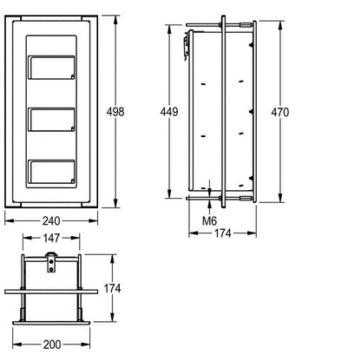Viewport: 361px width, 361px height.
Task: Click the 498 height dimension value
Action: pyautogui.click(x=115, y=112)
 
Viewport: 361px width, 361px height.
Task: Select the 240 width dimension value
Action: pyautogui.click(x=51, y=221)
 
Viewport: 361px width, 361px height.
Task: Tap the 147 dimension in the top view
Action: pyautogui.click(x=51, y=238)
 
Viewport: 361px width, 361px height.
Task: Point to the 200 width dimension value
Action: pyautogui.click(x=52, y=345)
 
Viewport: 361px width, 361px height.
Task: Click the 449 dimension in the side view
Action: pyautogui.click(x=169, y=112)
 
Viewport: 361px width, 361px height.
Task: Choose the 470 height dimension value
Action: pyautogui.click(x=279, y=112)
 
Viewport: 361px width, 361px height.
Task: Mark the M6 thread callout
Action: pyautogui.click(x=209, y=221)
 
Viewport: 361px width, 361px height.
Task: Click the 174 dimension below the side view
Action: pyautogui.click(x=223, y=233)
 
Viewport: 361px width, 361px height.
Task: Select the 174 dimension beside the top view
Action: pyautogui.click(x=112, y=288)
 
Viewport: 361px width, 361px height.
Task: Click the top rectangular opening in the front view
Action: pyautogui.click(x=51, y=68)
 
